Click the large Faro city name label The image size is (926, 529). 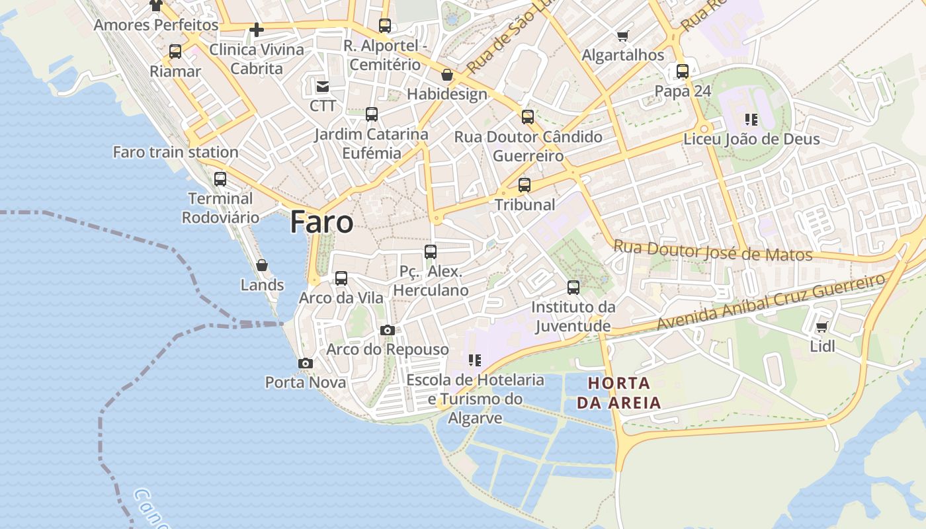pyautogui.click(x=321, y=222)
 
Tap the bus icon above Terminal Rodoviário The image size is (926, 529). pyautogui.click(x=220, y=179)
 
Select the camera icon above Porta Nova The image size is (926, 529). pyautogui.click(x=306, y=363)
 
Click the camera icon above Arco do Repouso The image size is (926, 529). pyautogui.click(x=388, y=330)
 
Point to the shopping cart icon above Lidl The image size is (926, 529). pyautogui.click(x=822, y=327)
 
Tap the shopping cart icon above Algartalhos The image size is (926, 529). pyautogui.click(x=622, y=36)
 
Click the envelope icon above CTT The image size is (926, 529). pyautogui.click(x=323, y=87)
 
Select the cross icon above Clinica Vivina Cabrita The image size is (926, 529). pyautogui.click(x=257, y=30)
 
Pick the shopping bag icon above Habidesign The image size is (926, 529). pyautogui.click(x=447, y=75)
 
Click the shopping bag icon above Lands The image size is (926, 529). pyautogui.click(x=262, y=265)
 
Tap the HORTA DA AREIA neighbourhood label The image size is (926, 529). pyautogui.click(x=618, y=393)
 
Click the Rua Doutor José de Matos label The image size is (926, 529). pyautogui.click(x=712, y=251)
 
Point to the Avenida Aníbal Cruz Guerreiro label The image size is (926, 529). pyautogui.click(x=770, y=303)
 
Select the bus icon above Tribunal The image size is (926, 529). pyautogui.click(x=525, y=185)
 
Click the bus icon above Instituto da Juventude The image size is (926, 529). pyautogui.click(x=573, y=288)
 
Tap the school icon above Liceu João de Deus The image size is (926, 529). pyautogui.click(x=751, y=120)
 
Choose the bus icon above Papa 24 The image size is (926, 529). pyautogui.click(x=683, y=71)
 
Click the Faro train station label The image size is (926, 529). pyautogui.click(x=175, y=152)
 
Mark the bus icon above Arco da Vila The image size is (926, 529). pyautogui.click(x=341, y=278)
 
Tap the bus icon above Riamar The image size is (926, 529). pyautogui.click(x=175, y=52)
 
